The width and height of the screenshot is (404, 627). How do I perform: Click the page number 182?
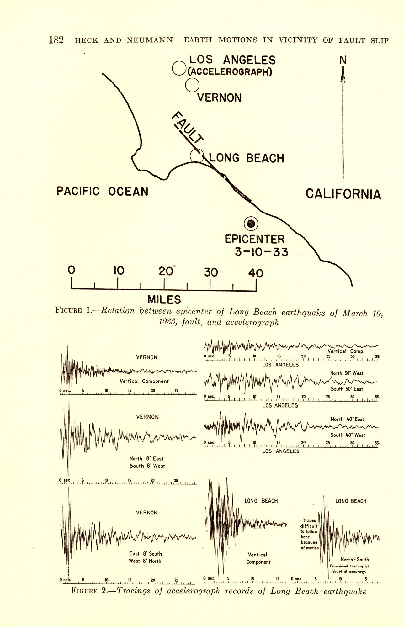coord(56,40)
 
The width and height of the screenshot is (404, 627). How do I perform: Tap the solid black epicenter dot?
coord(251,224)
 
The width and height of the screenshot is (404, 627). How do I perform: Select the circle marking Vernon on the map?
coord(192,85)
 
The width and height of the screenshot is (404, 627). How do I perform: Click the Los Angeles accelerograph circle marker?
coord(179,68)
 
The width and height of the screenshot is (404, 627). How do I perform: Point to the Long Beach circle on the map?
coord(197,156)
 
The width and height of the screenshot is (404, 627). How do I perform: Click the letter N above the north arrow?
coord(343,60)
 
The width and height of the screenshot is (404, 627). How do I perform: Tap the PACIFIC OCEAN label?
coord(102,191)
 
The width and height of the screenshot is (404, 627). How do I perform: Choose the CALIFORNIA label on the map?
coord(343,194)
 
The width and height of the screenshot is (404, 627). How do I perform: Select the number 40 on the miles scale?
coord(256,273)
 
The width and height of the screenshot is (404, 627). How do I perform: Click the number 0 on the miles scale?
coord(72,270)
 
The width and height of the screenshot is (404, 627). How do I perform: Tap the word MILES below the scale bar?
coord(164,299)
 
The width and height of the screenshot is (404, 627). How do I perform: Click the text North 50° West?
coord(347,373)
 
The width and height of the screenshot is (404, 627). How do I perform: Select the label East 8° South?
coord(146,553)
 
